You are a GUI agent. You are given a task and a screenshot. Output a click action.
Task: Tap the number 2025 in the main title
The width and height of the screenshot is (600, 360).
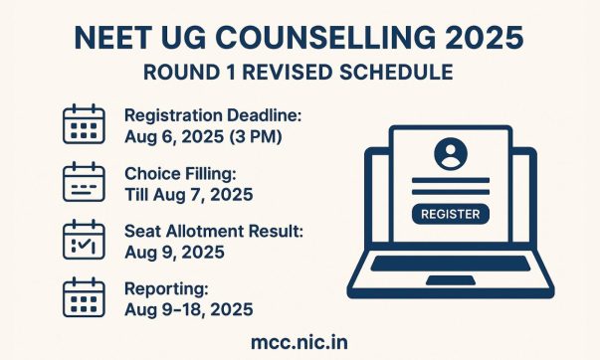click(488, 37)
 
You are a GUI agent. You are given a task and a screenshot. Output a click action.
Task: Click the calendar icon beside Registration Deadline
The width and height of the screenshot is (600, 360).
click(84, 124)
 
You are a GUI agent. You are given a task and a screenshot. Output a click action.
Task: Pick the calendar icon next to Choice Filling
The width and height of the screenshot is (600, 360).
click(84, 182)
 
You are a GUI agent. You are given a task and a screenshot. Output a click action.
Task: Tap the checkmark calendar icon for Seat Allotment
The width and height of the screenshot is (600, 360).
click(84, 241)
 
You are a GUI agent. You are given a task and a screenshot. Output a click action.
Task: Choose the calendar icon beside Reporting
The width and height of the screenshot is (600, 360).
click(84, 297)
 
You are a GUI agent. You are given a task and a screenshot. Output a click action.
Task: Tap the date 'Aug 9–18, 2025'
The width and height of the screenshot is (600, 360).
click(189, 308)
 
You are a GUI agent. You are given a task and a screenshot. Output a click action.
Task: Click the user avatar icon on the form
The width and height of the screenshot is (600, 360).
click(450, 154)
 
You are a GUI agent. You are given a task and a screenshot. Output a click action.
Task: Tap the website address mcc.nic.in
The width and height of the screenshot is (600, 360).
click(300, 342)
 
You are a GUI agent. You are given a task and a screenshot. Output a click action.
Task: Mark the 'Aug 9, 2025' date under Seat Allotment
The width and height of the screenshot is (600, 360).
click(174, 251)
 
